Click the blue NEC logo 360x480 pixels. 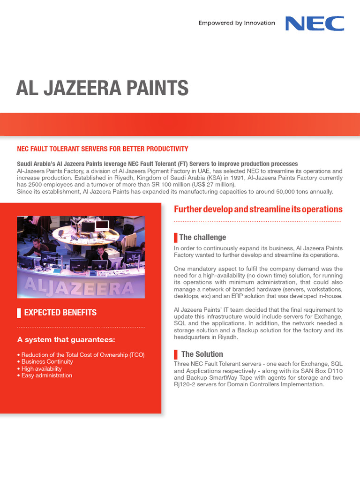click(x=315, y=23)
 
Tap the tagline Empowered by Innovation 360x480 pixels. click(x=237, y=23)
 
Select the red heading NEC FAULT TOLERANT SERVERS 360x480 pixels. click(x=102, y=149)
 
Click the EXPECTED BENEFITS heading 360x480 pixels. click(x=60, y=312)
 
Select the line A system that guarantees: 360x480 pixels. click(x=66, y=339)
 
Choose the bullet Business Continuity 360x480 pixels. click(x=47, y=362)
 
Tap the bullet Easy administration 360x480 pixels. click(x=46, y=375)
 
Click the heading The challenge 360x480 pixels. click(x=202, y=237)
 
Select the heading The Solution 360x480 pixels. click(x=202, y=354)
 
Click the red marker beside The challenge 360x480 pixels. click(x=176, y=237)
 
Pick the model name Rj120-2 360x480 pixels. click(x=187, y=384)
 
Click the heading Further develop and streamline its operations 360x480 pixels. click(x=258, y=210)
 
